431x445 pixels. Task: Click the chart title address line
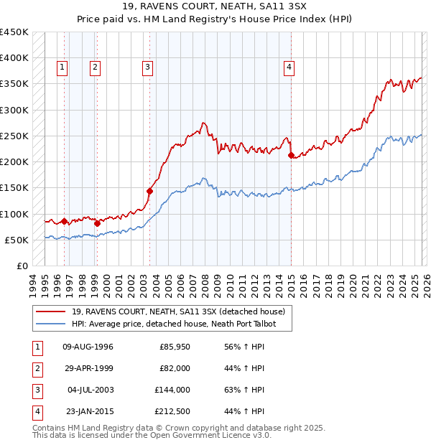click(x=215, y=8)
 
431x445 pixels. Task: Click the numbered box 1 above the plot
click(x=63, y=67)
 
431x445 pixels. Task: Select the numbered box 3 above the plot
click(x=147, y=67)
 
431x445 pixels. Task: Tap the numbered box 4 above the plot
click(x=289, y=67)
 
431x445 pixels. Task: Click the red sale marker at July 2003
click(x=150, y=191)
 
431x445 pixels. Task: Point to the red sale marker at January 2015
click(x=291, y=155)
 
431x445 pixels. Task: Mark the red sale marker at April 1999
click(x=97, y=223)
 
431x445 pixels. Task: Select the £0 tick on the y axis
click(x=22, y=266)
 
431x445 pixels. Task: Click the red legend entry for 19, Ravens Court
click(x=180, y=311)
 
